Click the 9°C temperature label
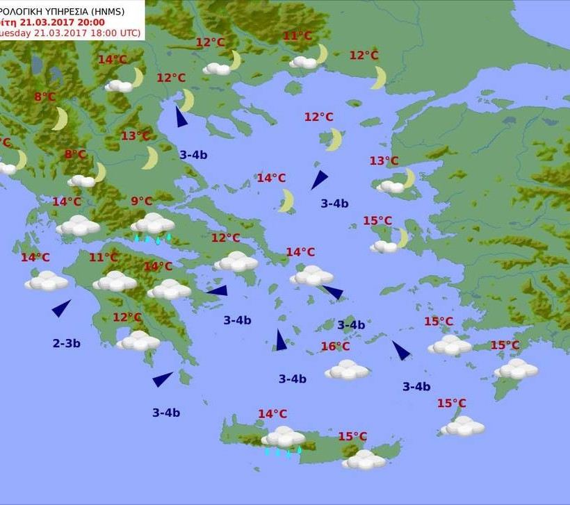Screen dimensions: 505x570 click(141, 201)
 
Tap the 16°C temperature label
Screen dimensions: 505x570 click(335, 347)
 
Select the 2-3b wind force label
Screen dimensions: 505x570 click(67, 343)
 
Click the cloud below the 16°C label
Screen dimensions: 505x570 click(347, 370)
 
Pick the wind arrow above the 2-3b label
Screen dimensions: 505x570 click(61, 308)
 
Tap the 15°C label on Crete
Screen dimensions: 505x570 click(352, 436)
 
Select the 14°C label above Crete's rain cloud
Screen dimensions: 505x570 click(272, 414)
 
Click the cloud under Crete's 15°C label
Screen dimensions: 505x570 click(364, 459)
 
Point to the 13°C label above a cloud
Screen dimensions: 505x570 click(384, 161)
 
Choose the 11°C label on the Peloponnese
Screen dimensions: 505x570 click(103, 258)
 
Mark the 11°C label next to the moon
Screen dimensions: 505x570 click(298, 36)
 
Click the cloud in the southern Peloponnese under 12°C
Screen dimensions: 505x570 click(138, 340)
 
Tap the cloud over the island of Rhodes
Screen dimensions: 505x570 click(516, 368)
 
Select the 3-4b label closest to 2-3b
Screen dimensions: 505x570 click(166, 413)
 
